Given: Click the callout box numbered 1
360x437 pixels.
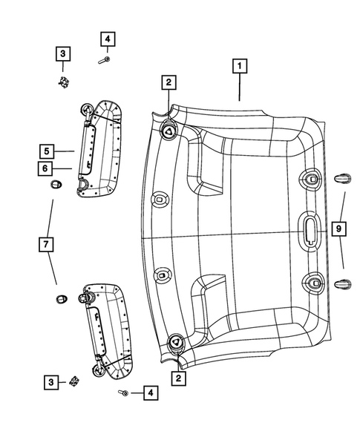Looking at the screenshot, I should tap(239, 66).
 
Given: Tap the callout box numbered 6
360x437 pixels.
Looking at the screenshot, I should tap(46, 168).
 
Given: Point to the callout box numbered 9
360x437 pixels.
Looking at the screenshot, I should tap(338, 230).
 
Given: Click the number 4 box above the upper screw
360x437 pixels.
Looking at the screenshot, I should tap(108, 39).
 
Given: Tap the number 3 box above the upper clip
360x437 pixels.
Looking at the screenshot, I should tap(62, 53).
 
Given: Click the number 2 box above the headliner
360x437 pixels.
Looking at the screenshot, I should tap(169, 82).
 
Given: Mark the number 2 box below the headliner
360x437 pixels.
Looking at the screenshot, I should tap(178, 378).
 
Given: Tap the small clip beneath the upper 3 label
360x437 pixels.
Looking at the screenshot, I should tap(63, 81).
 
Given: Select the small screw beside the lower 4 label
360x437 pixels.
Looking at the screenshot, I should tap(123, 392).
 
